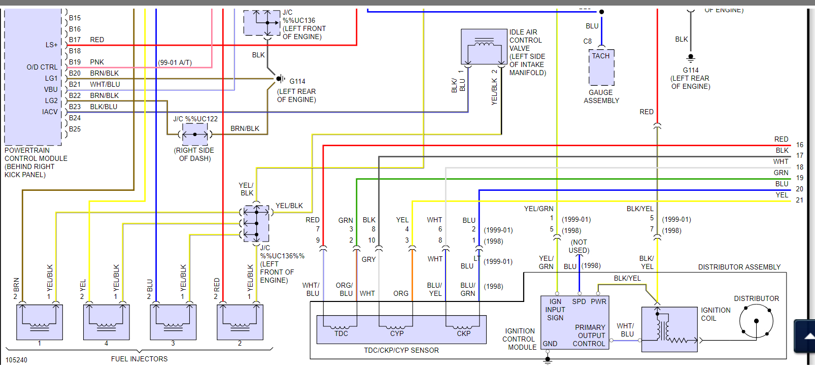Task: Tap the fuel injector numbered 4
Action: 106,322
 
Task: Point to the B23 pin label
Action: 75,107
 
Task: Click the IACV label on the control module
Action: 50,112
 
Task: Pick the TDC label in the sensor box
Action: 341,333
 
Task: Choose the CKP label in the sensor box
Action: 463,333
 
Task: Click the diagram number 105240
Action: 16,360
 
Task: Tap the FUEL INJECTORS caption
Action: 139,359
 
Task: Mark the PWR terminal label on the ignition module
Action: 598,301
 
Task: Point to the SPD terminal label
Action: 579,301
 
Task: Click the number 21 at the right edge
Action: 800,200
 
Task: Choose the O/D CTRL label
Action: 42,67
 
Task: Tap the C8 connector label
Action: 588,41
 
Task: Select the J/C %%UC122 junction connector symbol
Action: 195,135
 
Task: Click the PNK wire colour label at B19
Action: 97,62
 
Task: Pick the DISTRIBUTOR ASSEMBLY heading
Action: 739,267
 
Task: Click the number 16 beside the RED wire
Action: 800,145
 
